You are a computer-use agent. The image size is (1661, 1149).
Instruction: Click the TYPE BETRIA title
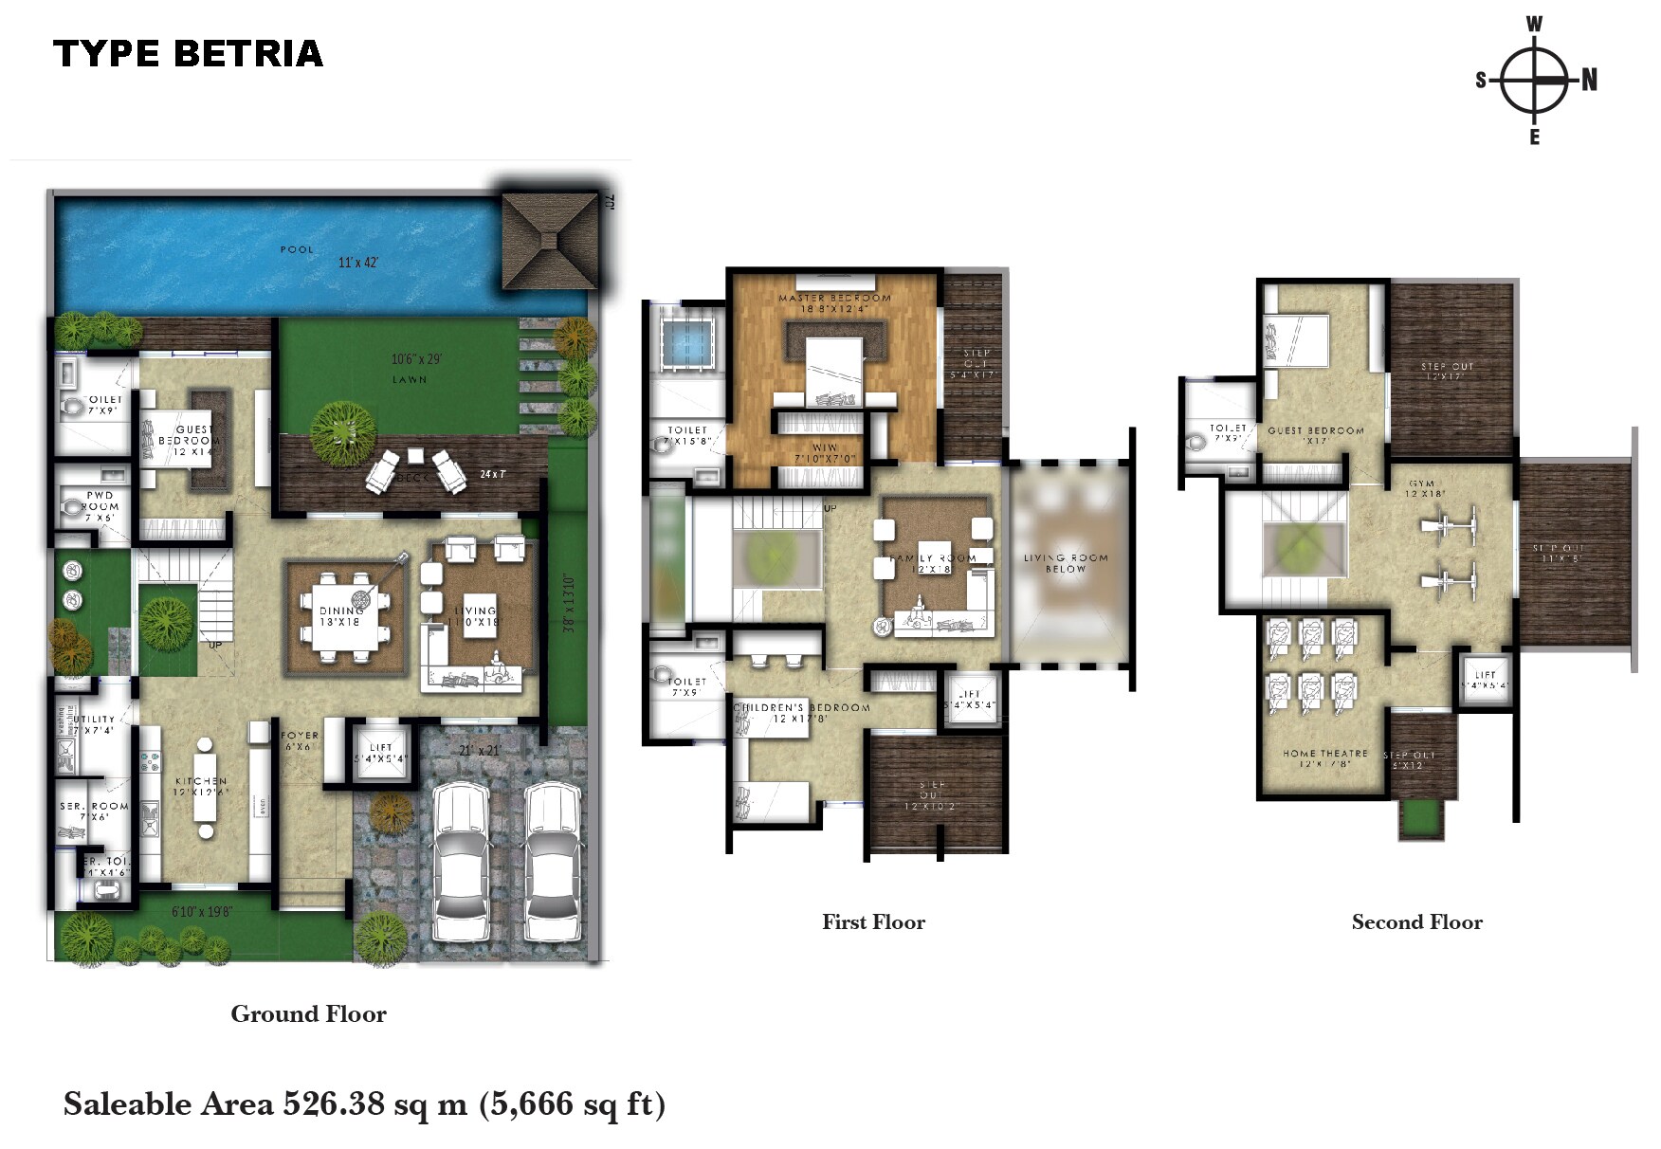(x=188, y=54)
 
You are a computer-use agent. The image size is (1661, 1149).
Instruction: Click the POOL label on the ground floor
(x=297, y=249)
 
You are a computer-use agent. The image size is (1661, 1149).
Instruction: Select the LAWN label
(x=410, y=379)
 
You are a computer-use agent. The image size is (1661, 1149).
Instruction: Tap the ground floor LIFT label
(x=381, y=748)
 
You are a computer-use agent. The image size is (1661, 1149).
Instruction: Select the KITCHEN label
(x=200, y=782)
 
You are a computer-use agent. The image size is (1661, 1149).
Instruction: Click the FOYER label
(x=300, y=736)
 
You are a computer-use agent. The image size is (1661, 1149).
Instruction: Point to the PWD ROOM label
(x=100, y=501)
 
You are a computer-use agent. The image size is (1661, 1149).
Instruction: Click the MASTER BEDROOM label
(x=834, y=298)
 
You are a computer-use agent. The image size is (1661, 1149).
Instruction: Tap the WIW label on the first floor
(x=825, y=447)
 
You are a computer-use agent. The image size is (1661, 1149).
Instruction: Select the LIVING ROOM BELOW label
(x=1066, y=563)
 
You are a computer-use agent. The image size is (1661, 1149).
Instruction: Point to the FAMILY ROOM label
(x=933, y=558)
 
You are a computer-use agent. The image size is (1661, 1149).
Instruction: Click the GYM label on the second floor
(x=1421, y=483)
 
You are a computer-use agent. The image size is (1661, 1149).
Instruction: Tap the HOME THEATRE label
(x=1324, y=754)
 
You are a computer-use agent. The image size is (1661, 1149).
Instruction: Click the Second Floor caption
(x=1416, y=922)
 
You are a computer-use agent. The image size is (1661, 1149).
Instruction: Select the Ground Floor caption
(x=308, y=1014)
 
